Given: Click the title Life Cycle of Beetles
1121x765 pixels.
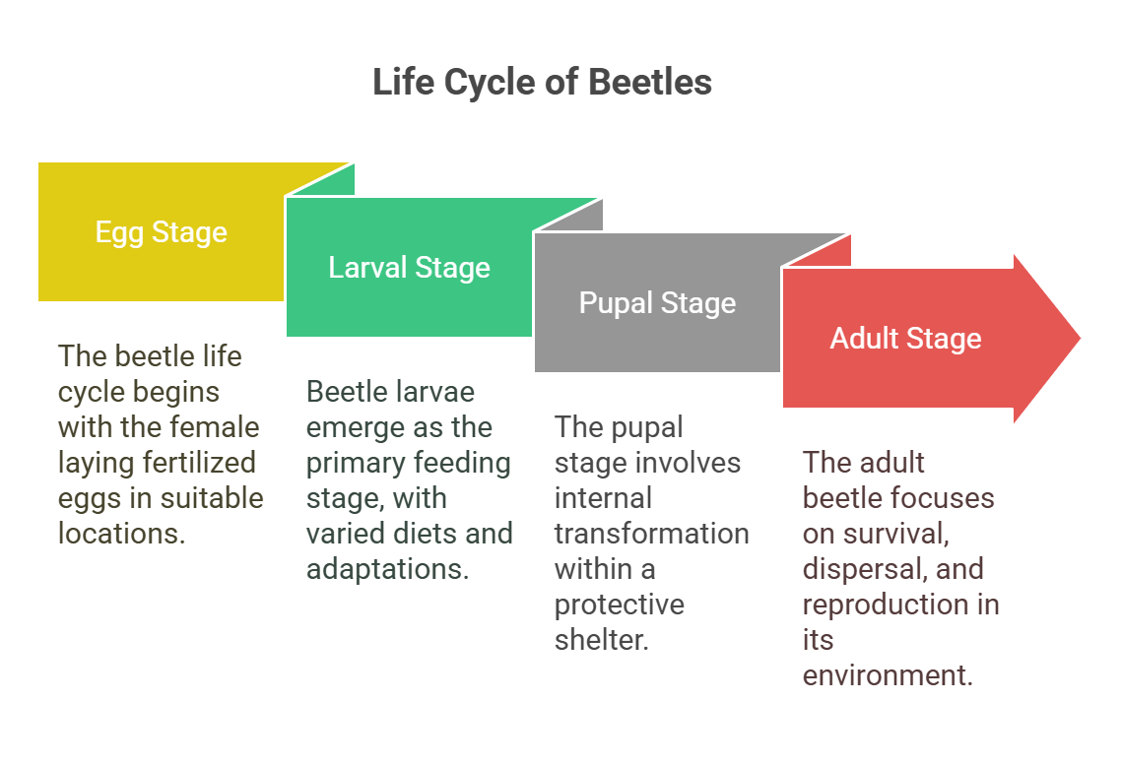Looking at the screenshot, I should point(542,83).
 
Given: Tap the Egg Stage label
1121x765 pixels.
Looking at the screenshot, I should point(161,232).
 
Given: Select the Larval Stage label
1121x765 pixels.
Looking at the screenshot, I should point(409,268).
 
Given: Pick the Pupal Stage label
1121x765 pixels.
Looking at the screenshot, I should point(657,303).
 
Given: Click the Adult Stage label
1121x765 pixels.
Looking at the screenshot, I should point(905,339).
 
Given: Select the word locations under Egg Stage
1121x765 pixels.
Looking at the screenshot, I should point(120,534).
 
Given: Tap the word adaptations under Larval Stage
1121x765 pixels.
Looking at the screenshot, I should point(386,569).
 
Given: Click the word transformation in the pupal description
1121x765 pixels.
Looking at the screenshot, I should point(651,534).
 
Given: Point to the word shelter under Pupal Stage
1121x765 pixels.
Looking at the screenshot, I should point(601,640).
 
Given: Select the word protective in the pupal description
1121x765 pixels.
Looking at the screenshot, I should point(619,605).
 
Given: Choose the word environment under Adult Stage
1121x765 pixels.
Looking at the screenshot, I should point(887,675).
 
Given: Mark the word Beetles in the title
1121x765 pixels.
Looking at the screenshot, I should point(650,83).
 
